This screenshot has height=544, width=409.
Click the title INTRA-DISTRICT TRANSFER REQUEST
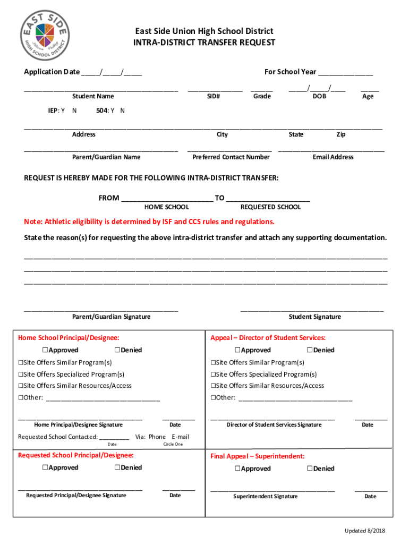point(204,42)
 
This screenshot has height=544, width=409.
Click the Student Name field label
point(93,96)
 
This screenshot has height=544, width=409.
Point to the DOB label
point(319,96)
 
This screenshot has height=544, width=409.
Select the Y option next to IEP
point(63,111)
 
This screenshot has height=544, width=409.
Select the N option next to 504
point(123,111)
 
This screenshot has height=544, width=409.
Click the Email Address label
point(333,157)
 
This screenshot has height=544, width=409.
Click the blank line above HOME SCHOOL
point(167,199)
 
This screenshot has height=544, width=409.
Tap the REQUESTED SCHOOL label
point(270,207)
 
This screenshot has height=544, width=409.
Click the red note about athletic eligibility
point(149,222)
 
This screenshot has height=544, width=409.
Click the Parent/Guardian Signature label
point(111,317)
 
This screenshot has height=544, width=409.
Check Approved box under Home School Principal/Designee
point(45,350)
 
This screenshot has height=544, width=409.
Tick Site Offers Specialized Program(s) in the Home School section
point(21,374)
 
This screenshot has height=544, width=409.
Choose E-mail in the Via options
point(180,437)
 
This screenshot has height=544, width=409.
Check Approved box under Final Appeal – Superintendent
point(237,469)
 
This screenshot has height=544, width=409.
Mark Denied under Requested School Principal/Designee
point(117,467)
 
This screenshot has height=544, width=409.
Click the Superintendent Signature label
point(265,496)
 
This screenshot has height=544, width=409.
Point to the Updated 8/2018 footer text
point(364,531)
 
